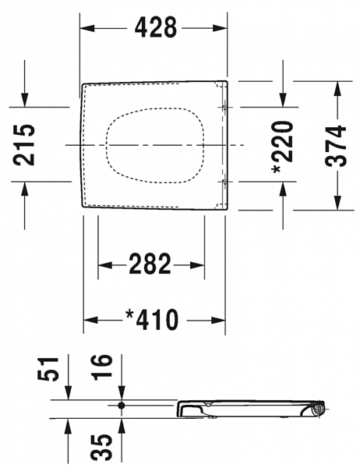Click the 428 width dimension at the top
coord(156,28)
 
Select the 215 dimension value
coord(26,144)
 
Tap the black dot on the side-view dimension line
coord(122,406)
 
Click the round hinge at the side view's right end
coord(318,408)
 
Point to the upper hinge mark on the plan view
coord(224,107)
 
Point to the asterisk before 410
coord(129,315)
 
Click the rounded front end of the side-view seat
coord(182,408)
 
